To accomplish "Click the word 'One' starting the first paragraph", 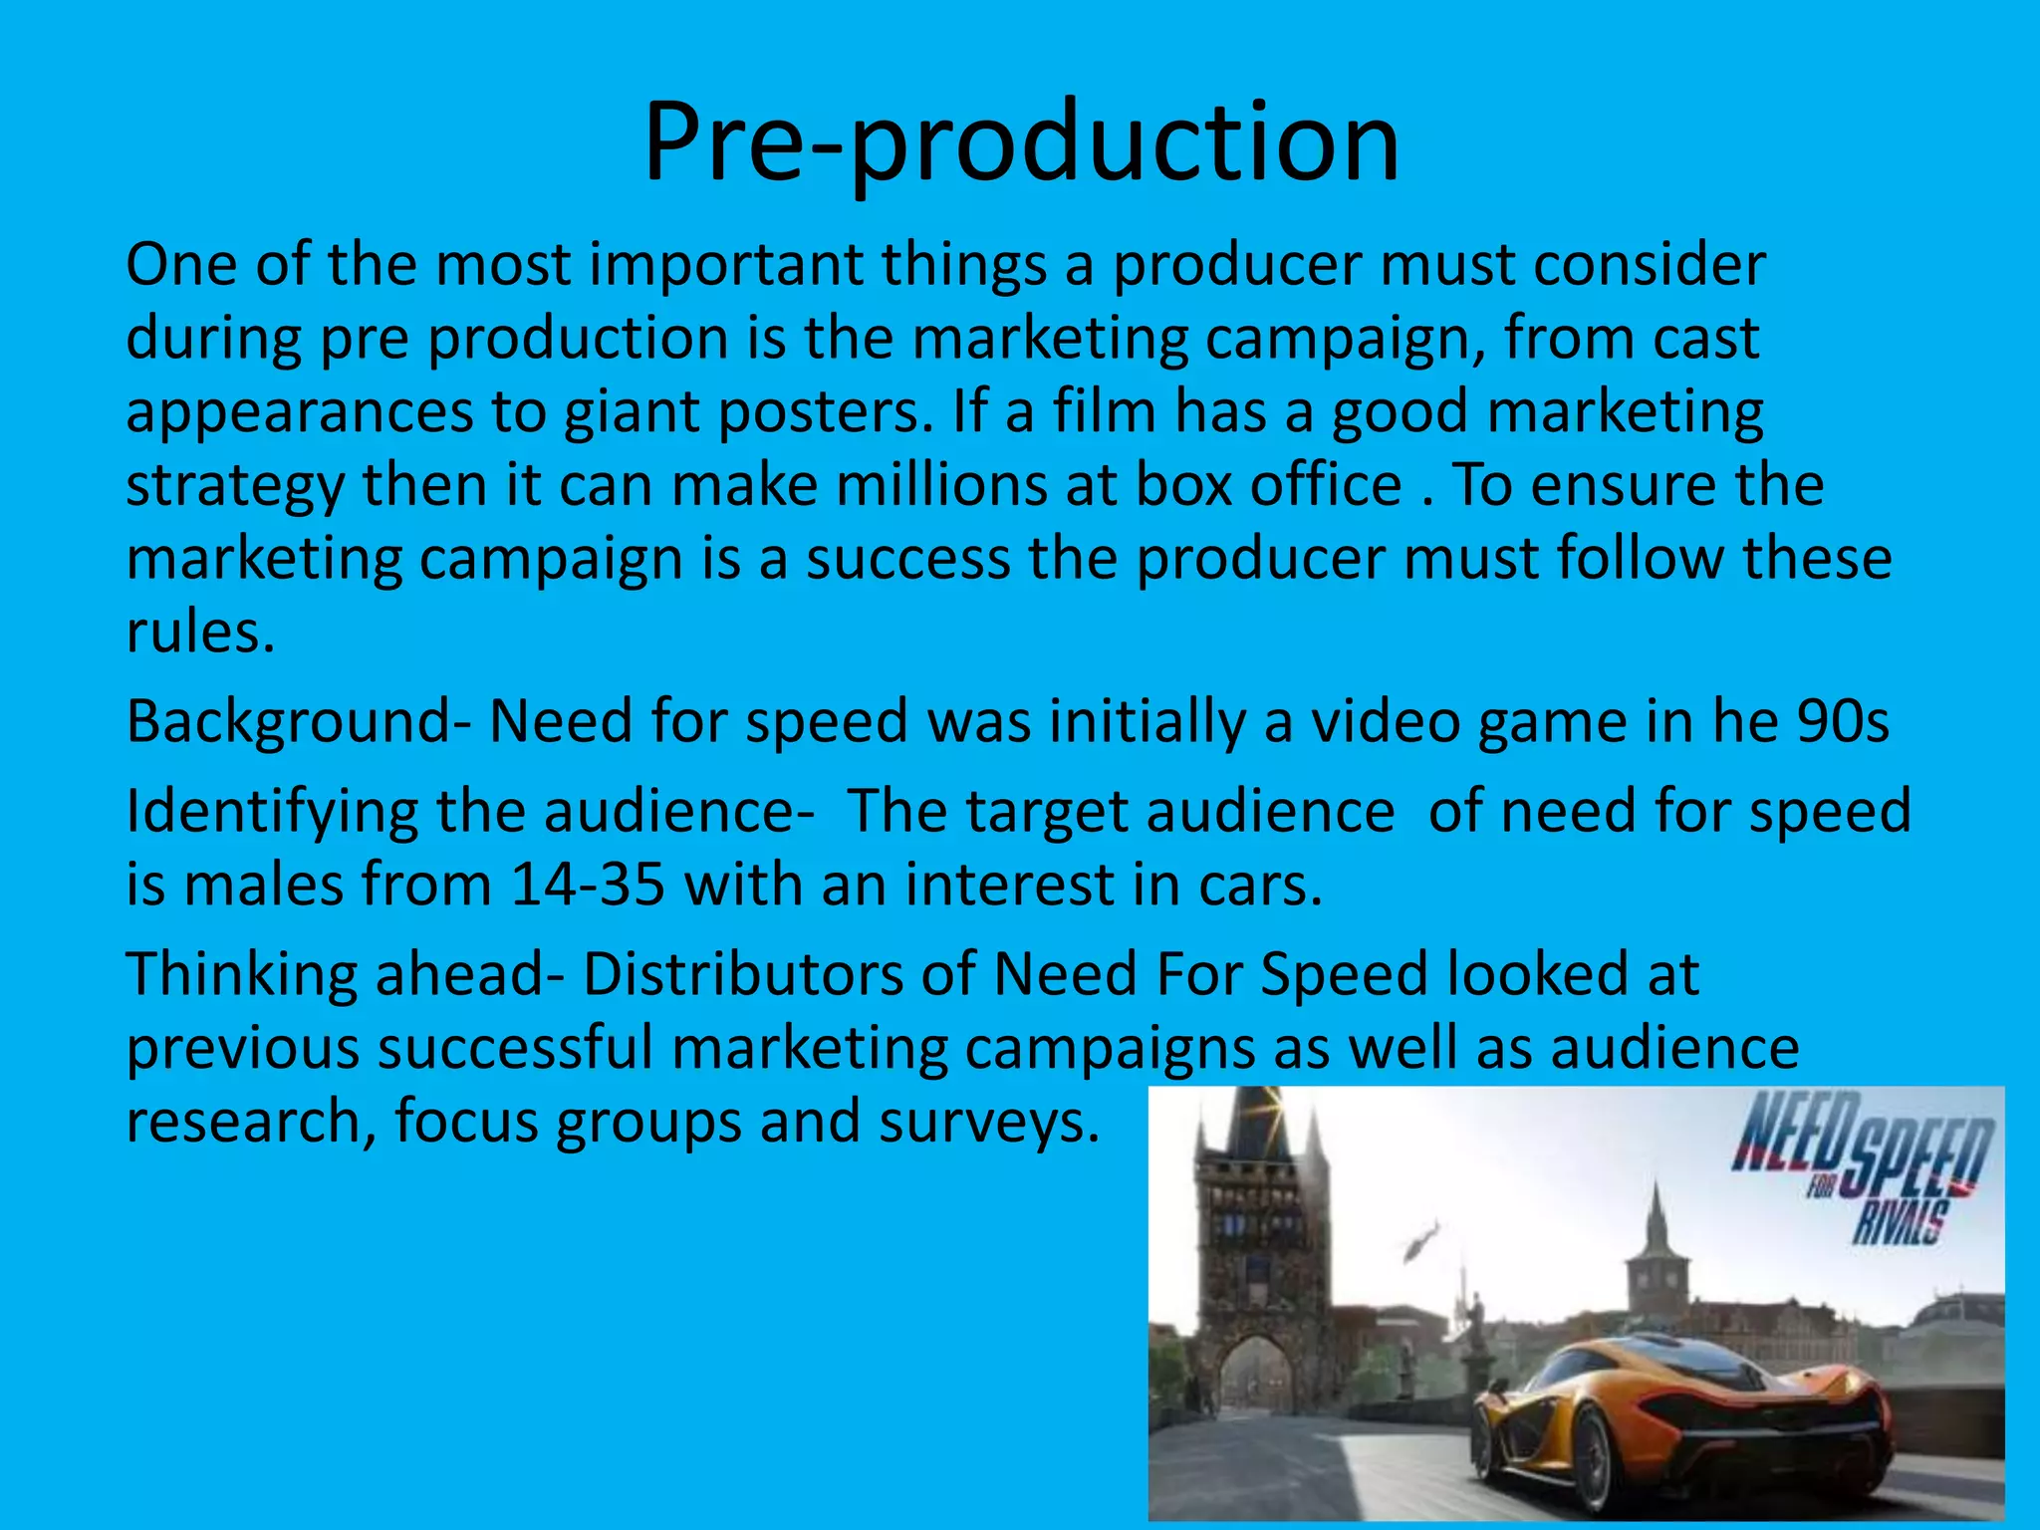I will (x=181, y=266).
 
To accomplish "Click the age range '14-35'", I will (x=588, y=885).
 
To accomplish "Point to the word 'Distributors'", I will (x=742, y=974).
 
